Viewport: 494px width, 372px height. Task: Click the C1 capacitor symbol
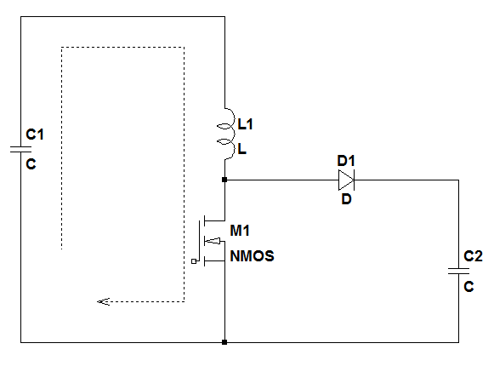(x=20, y=149)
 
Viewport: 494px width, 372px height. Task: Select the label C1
(x=35, y=134)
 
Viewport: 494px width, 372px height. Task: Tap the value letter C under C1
(x=31, y=164)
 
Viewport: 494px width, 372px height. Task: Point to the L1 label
(x=245, y=124)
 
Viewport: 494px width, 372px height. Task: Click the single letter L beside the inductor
(x=242, y=149)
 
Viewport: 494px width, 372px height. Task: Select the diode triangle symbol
(x=346, y=180)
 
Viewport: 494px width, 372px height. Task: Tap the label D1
(x=346, y=161)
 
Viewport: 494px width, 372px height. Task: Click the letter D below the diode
(x=347, y=199)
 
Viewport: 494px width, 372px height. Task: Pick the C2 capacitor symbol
(x=459, y=271)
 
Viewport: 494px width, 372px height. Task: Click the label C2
(x=473, y=256)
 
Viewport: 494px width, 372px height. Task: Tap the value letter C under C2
(x=468, y=287)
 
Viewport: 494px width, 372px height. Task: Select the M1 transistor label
(x=240, y=231)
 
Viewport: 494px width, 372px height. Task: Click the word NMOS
(x=252, y=256)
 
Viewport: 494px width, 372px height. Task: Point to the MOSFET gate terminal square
(x=194, y=261)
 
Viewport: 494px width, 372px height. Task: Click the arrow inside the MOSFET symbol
(x=213, y=241)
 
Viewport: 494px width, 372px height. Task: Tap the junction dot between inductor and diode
(x=224, y=180)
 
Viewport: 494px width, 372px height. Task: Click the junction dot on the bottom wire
(x=224, y=342)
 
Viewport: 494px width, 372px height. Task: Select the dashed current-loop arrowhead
(x=103, y=302)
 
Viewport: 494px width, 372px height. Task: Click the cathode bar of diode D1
(x=354, y=180)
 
